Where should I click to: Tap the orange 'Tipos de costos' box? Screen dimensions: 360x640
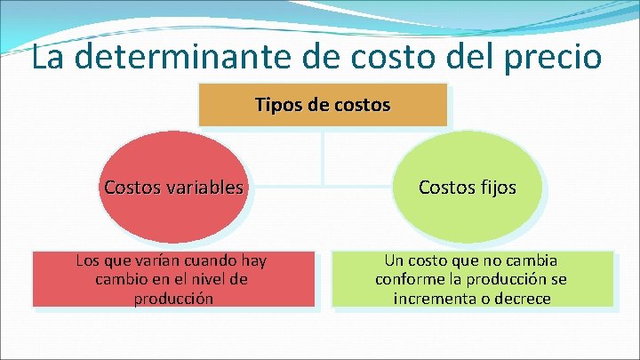[322, 104]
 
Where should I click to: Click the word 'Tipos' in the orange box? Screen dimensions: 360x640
[276, 105]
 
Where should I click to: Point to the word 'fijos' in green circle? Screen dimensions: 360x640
[494, 188]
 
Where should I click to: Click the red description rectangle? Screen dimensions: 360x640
[174, 280]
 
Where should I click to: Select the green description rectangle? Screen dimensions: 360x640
[472, 280]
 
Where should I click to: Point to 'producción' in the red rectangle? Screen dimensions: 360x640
[173, 299]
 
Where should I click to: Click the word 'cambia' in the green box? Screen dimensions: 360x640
[531, 261]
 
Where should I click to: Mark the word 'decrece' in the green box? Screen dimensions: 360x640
[523, 299]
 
